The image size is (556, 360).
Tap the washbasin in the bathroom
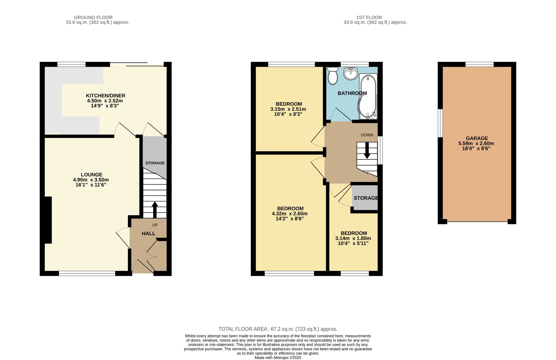click(x=350, y=74)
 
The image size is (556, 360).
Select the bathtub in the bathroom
click(x=368, y=96)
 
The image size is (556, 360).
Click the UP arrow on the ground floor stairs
click(x=155, y=209)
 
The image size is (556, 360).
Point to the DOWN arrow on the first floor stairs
click(x=367, y=151)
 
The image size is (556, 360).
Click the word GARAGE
click(x=477, y=138)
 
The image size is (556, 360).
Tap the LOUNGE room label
click(x=91, y=175)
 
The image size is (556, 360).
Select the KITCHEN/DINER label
click(x=106, y=96)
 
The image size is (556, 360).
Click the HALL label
click(x=149, y=233)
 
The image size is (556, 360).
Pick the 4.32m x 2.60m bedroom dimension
click(x=290, y=214)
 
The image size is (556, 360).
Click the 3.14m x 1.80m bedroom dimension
click(x=353, y=238)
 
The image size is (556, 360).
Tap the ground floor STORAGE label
click(x=155, y=163)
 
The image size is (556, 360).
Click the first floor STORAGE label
click(x=366, y=198)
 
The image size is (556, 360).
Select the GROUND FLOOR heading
click(x=93, y=17)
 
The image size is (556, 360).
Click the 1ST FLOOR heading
click(x=369, y=17)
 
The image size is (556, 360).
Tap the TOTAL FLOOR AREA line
click(x=278, y=329)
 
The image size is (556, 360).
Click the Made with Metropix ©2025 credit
click(x=278, y=358)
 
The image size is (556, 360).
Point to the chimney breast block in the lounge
click(x=48, y=220)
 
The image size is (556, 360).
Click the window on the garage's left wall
click(x=440, y=123)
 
